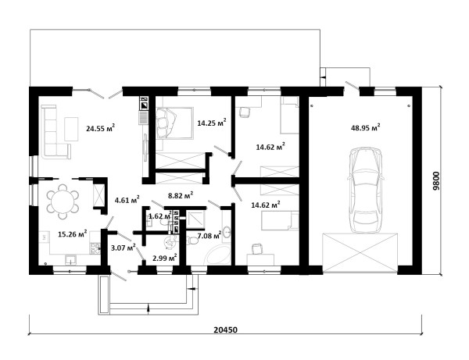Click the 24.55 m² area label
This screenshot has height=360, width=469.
pyautogui.click(x=101, y=128)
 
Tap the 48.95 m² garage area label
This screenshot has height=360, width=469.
pyautogui.click(x=366, y=127)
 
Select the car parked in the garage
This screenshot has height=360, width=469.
pyautogui.click(x=366, y=190)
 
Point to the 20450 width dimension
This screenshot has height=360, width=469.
pyautogui.click(x=226, y=330)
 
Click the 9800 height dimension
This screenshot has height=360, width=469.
pyautogui.click(x=436, y=180)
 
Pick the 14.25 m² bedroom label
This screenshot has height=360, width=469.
pyautogui.click(x=212, y=123)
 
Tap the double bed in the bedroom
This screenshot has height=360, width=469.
pyautogui.click(x=174, y=123)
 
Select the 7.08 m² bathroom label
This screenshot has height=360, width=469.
pyautogui.click(x=209, y=235)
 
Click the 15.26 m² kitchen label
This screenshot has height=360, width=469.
pyautogui.click(x=73, y=233)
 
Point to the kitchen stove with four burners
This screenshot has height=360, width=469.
pyautogui.click(x=95, y=248)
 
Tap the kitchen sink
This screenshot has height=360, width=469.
pyautogui.click(x=71, y=259)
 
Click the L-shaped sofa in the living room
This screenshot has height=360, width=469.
pyautogui.click(x=53, y=131)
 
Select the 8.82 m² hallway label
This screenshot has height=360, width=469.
pyautogui.click(x=181, y=195)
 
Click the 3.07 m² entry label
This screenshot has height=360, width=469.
pyautogui.click(x=123, y=248)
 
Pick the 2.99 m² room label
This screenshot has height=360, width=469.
pyautogui.click(x=164, y=258)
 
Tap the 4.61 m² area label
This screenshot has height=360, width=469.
pyautogui.click(x=127, y=200)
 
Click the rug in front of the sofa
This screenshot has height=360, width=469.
pyautogui.click(x=71, y=129)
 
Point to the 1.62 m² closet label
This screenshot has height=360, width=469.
pyautogui.click(x=160, y=216)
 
